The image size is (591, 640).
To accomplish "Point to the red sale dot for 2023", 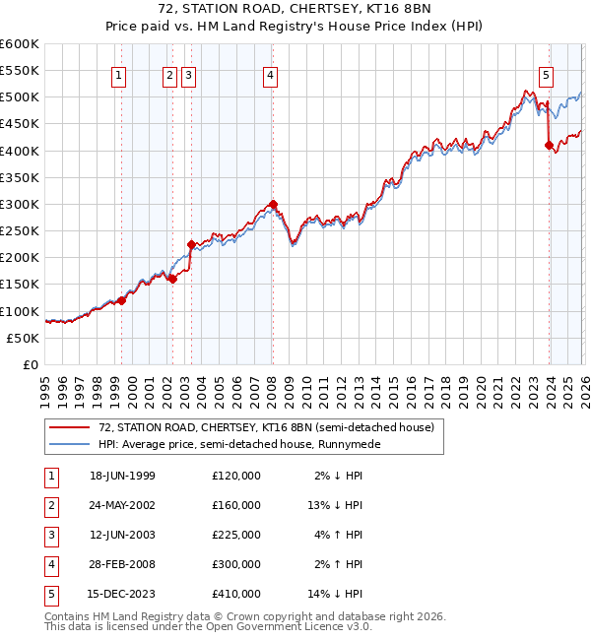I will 549,146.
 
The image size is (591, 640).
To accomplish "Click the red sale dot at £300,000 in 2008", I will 274,205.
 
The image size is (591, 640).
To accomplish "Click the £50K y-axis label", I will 24,338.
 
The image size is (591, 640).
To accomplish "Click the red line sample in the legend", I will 71,427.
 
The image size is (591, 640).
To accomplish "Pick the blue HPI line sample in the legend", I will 71,444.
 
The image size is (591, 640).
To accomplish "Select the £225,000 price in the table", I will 235,535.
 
